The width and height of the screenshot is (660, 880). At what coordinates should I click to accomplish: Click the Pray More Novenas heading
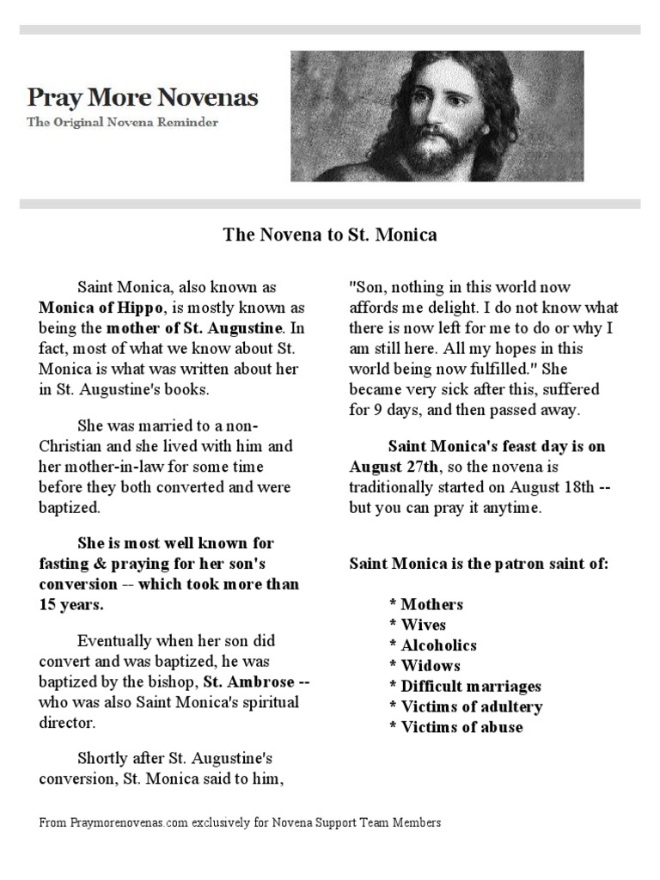pos(143,96)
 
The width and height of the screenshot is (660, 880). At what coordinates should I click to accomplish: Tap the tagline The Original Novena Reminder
pos(123,122)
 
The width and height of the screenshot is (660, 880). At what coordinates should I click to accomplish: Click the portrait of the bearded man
pos(437,116)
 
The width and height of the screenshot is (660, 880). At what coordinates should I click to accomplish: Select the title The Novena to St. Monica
pos(330,234)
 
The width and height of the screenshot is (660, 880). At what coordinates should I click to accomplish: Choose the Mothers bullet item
pos(426,604)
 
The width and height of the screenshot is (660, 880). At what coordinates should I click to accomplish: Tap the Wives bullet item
pos(418,625)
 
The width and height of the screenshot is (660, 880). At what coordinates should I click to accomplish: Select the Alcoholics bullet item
pos(433,645)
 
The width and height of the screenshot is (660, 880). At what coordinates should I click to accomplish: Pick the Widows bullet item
pos(425,666)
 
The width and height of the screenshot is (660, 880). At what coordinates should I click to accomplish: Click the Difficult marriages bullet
pos(465,687)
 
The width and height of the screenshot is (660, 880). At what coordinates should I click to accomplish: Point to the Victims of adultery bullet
pos(466,707)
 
